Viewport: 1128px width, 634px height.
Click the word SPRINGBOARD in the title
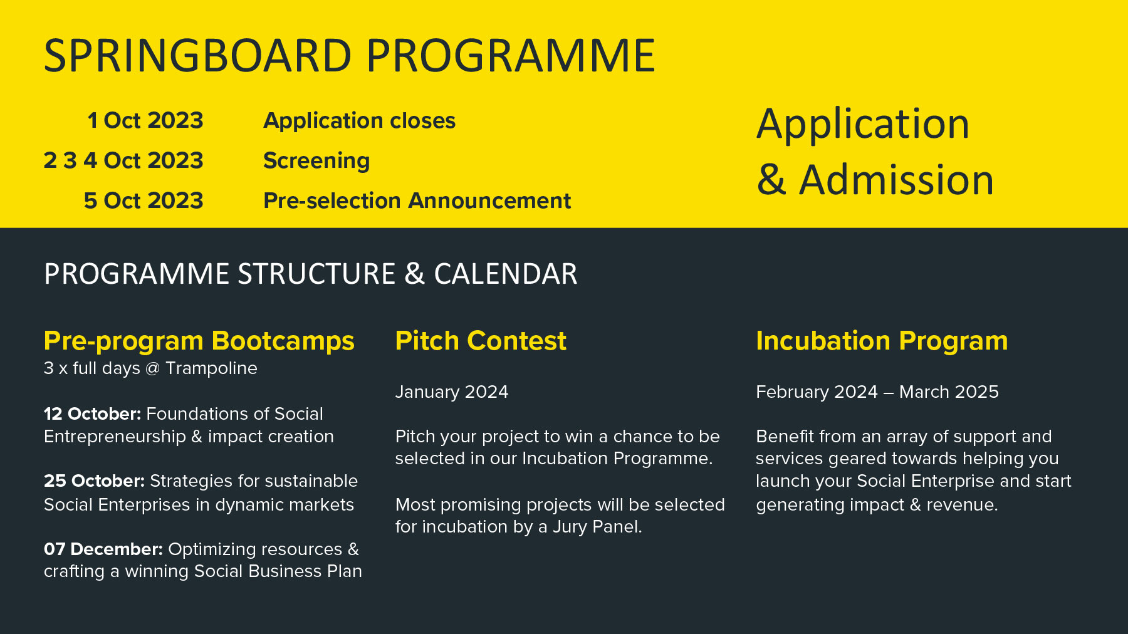tap(197, 56)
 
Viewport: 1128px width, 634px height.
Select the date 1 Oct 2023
tap(145, 120)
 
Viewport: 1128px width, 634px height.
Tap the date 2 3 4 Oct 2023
tap(123, 160)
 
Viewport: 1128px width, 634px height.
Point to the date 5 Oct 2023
tap(144, 200)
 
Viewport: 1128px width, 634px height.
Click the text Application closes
tap(359, 121)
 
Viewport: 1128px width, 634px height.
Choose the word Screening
tap(316, 161)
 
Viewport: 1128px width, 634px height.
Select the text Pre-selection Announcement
tap(417, 200)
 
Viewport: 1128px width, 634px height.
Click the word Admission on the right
tap(896, 180)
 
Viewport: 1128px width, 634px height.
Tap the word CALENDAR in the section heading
tap(506, 274)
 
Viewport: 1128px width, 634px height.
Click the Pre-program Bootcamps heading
tap(199, 341)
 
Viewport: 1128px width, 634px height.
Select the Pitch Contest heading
tap(481, 341)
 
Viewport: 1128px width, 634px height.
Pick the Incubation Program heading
tap(882, 341)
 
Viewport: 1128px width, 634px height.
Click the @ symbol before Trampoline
tap(152, 368)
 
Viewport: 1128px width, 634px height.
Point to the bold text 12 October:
tap(93, 414)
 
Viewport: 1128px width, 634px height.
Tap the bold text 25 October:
tap(95, 481)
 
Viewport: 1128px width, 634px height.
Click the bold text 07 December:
tap(103, 549)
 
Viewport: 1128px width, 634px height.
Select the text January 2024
tap(452, 392)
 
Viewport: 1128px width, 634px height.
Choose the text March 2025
tap(949, 392)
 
